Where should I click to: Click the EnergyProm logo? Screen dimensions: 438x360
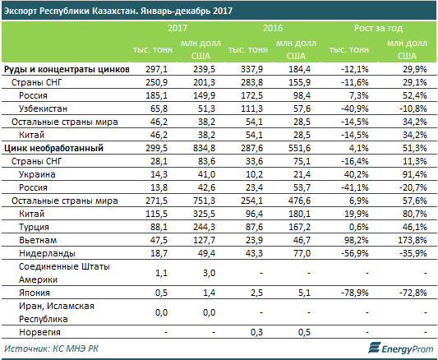point(400,348)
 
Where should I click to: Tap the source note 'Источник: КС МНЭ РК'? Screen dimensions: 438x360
point(51,348)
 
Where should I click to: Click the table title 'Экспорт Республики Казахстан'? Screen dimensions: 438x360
point(71,11)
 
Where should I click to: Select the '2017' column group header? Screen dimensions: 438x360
point(178,28)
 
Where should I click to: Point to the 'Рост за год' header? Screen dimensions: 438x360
point(378,28)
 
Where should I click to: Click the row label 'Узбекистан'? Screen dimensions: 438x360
point(43,108)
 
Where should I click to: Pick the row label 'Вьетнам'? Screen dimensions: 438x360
point(38,240)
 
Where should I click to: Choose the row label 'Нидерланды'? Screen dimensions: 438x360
point(47,253)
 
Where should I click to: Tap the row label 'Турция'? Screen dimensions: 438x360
point(34,227)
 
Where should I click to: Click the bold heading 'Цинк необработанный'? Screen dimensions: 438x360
point(53,148)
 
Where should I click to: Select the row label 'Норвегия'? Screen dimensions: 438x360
point(39,332)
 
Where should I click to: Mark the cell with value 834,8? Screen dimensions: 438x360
point(204,148)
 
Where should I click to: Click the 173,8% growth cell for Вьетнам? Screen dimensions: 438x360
point(413,240)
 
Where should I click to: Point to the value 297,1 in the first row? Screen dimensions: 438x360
point(156,69)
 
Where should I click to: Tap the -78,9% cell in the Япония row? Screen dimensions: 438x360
point(355,293)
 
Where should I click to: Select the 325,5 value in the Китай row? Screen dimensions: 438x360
point(204,214)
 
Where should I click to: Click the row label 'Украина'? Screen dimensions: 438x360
point(37,174)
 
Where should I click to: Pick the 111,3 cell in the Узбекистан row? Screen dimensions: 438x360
point(252,108)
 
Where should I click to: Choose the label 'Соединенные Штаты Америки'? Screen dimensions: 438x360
point(64,273)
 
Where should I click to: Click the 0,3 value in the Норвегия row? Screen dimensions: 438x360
point(256,332)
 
